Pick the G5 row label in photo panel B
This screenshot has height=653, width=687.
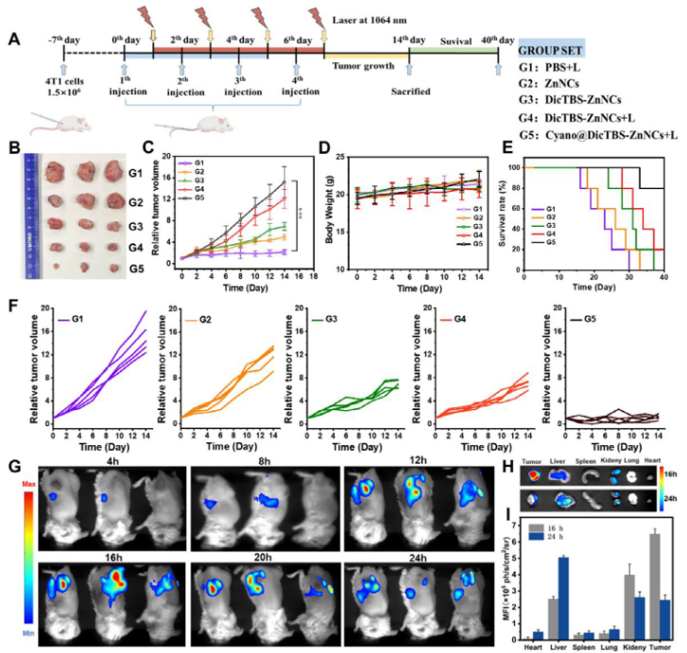pyautogui.click(x=137, y=268)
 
